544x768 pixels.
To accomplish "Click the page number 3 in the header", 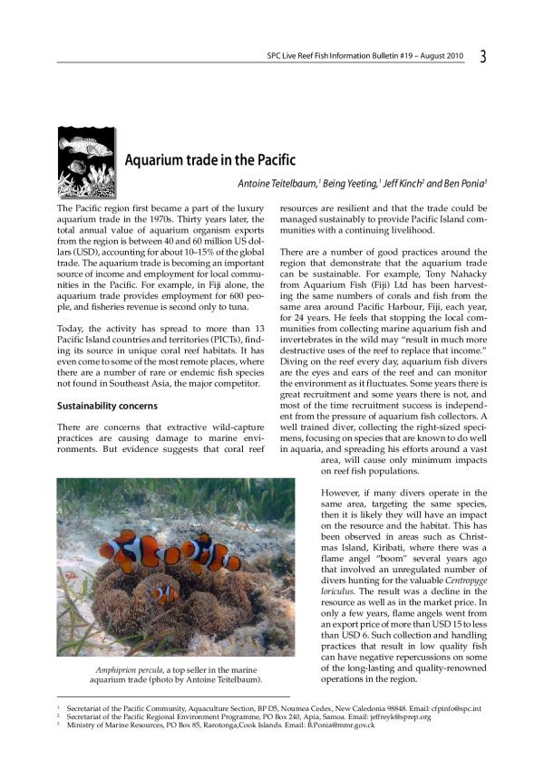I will pyautogui.click(x=482, y=56).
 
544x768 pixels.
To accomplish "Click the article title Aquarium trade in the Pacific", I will pyautogui.click(x=210, y=160).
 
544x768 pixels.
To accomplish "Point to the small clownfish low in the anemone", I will pyautogui.click(x=164, y=594).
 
